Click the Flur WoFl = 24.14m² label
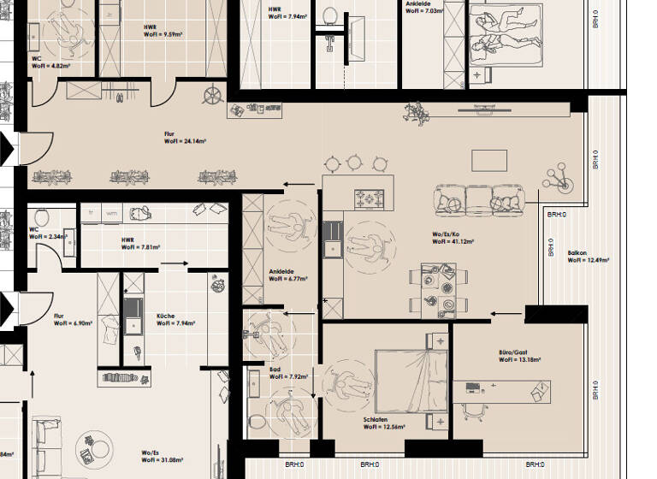[x=184, y=138]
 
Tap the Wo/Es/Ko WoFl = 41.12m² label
[x=452, y=238]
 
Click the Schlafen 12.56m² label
[x=384, y=423]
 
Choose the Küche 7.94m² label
[x=175, y=320]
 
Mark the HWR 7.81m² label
[x=140, y=244]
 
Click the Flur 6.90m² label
[x=71, y=320]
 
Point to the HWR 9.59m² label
[x=163, y=31]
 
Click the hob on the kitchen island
[x=370, y=198]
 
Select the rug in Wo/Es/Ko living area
[x=490, y=160]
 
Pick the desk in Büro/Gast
[x=505, y=388]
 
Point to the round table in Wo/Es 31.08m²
[x=94, y=446]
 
